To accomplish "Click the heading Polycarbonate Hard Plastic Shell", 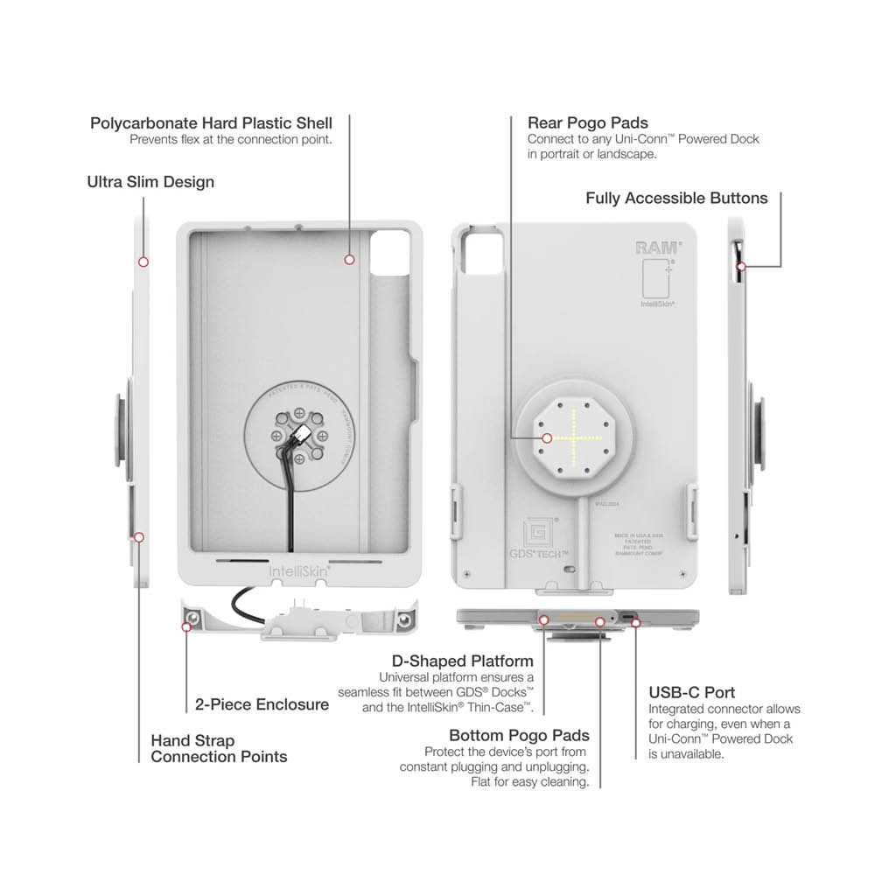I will coord(211,122).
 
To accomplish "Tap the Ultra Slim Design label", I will coord(150,182).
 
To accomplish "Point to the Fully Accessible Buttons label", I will coord(676,199).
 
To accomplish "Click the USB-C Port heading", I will coord(691,692).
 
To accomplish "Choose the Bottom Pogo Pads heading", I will coord(519,735).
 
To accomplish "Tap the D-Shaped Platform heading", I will coord(464,661).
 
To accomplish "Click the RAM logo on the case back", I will coord(654,248).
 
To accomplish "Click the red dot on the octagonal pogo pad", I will coord(545,437).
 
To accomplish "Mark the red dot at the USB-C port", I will coord(636,623).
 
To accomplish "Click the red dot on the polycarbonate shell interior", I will coord(349,259).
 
